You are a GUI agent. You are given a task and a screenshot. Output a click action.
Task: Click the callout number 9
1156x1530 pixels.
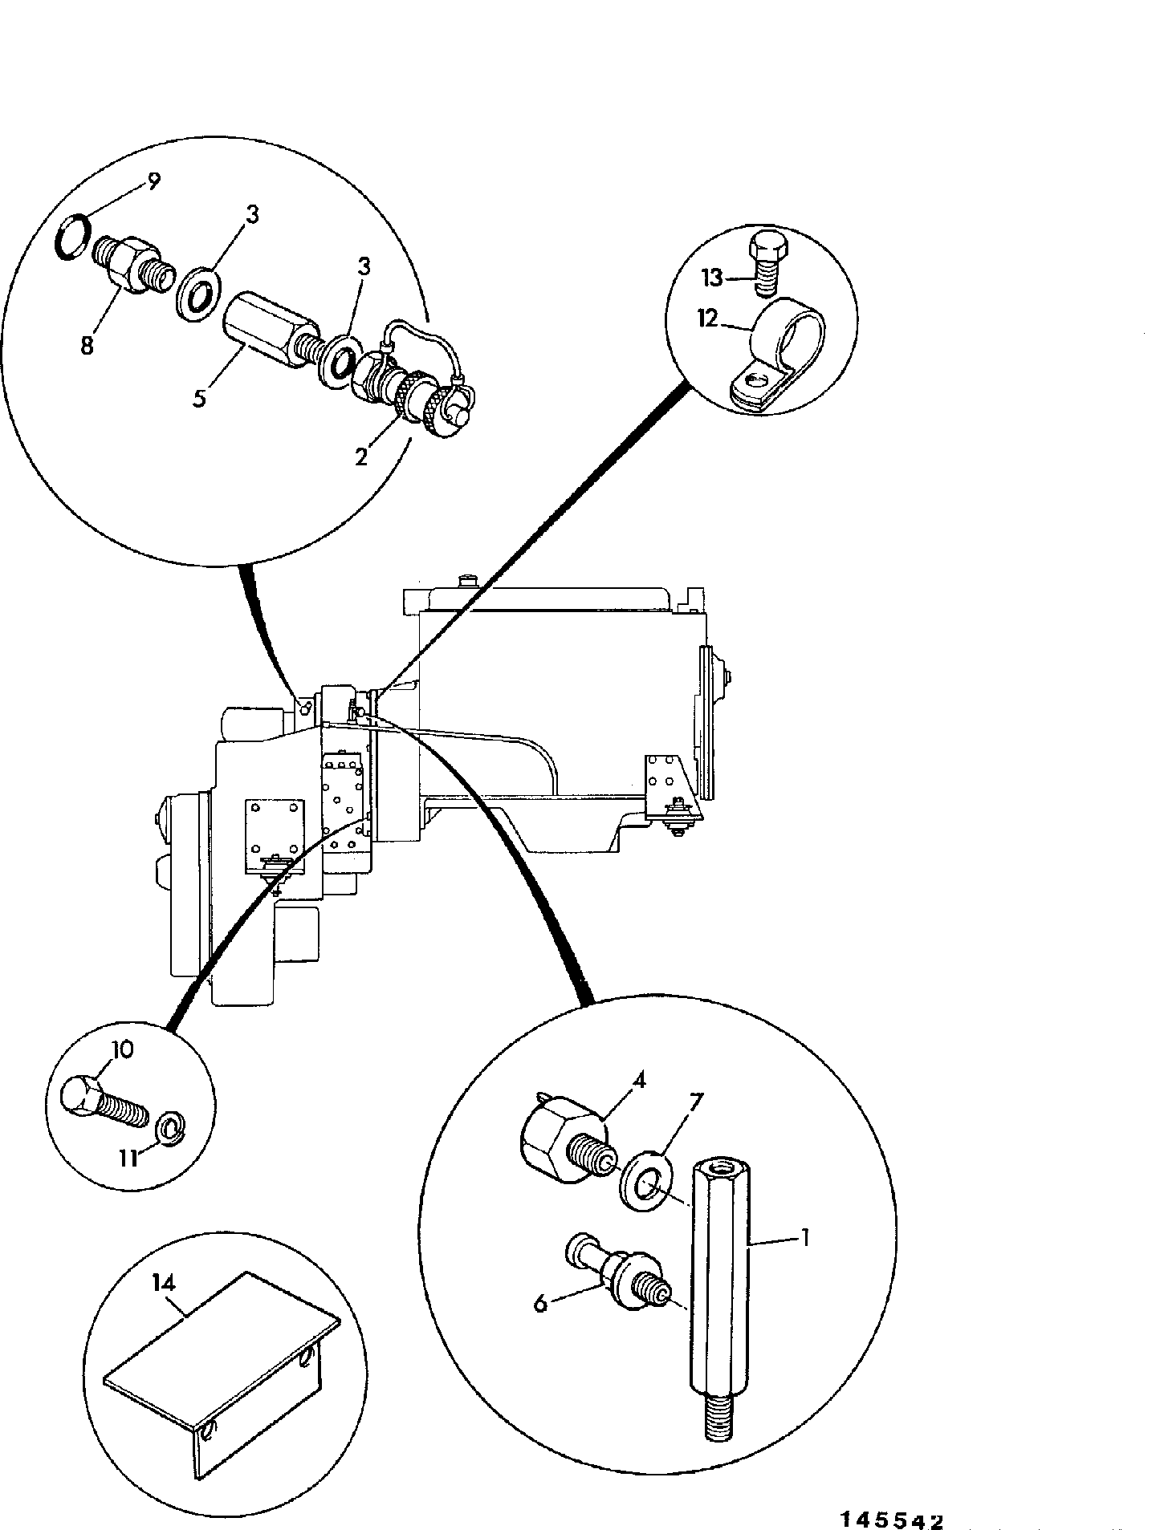pyautogui.click(x=153, y=181)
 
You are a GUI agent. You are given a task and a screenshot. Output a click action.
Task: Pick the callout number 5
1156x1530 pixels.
pyautogui.click(x=198, y=399)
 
